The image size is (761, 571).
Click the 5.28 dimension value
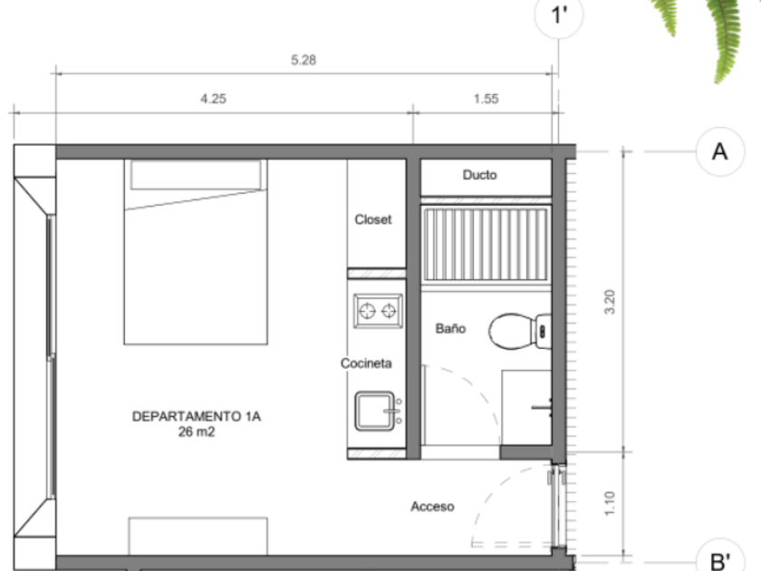[303, 60]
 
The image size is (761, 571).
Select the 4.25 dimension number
[213, 99]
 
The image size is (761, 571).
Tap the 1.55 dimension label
[486, 99]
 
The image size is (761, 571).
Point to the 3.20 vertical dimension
[610, 302]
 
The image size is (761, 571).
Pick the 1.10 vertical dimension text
[610, 503]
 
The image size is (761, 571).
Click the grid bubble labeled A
[719, 151]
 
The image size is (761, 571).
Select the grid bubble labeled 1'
[559, 15]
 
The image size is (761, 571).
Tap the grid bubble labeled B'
[719, 557]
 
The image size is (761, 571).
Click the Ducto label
[479, 175]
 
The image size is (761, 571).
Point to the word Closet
[372, 219]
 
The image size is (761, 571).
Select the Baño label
[450, 329]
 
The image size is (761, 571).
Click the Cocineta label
[366, 363]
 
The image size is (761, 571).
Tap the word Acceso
[432, 507]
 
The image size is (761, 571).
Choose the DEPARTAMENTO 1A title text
[196, 416]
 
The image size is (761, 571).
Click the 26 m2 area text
[196, 431]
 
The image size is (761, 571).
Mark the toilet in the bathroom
[520, 331]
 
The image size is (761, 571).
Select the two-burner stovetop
[378, 311]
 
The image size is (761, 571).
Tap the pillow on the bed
[196, 175]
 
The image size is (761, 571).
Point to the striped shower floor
[486, 244]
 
